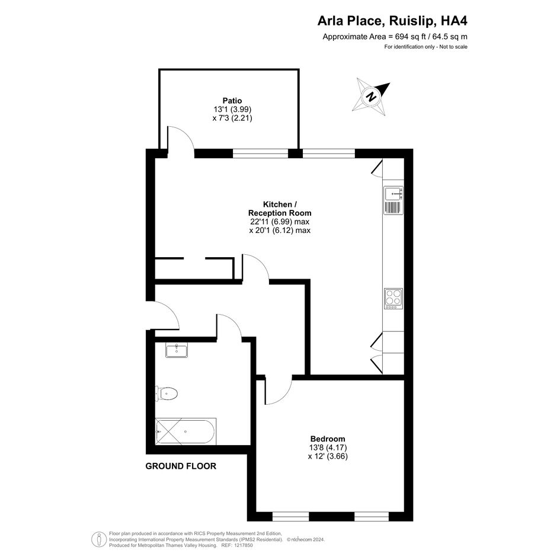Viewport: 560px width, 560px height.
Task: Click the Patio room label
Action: tap(232, 101)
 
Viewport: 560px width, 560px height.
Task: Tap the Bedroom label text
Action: tap(328, 439)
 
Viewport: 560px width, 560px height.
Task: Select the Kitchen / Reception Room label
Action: tap(280, 209)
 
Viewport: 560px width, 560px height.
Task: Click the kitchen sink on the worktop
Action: tap(393, 194)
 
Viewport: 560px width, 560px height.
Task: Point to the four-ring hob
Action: tap(393, 299)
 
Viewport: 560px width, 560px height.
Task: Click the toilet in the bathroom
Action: tap(167, 394)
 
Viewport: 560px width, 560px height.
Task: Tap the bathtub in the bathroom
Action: tap(185, 431)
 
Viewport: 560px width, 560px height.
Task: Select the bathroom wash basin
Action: tap(177, 350)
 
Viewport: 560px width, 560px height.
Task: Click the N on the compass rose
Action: tap(372, 97)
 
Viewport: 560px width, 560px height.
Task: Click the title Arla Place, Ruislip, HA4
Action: tap(392, 21)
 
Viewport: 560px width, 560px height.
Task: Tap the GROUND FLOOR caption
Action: tap(181, 466)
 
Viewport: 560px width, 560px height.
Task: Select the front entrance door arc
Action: tap(170, 310)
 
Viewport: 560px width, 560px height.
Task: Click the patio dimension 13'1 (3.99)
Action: tap(232, 109)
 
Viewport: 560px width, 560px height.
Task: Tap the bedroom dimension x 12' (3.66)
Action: tap(328, 456)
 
